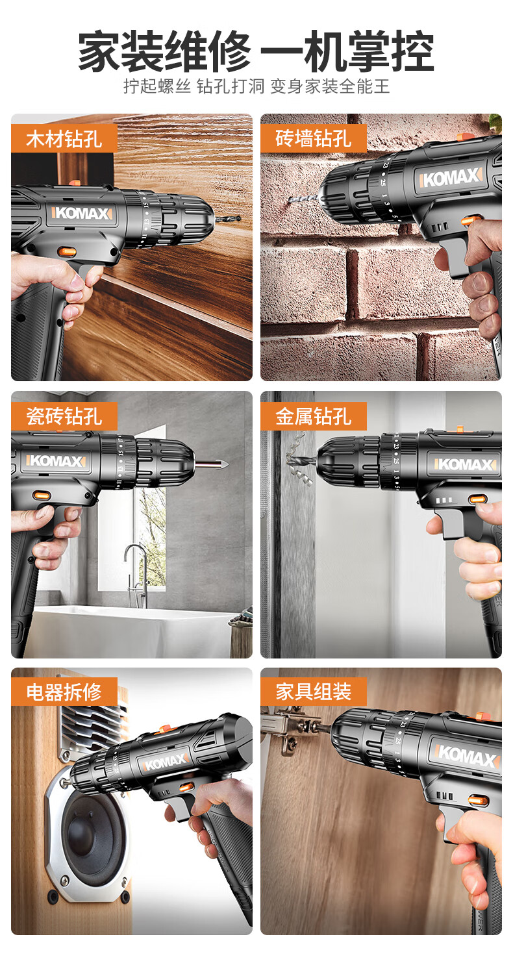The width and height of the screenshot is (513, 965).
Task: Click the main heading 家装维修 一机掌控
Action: click(256, 51)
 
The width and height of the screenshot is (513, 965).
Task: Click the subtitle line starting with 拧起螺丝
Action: click(256, 86)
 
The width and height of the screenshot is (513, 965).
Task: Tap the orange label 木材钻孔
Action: click(64, 138)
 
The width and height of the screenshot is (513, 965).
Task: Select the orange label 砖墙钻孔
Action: click(313, 138)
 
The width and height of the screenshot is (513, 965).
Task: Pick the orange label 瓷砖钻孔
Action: click(64, 416)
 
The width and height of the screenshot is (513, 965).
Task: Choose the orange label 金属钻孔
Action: click(313, 416)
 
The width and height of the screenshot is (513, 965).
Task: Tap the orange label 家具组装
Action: click(313, 692)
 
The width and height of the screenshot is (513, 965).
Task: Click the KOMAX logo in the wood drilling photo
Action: click(82, 213)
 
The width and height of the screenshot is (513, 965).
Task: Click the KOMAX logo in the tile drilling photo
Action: click(56, 461)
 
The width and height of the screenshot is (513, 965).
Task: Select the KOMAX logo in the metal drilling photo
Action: click(465, 464)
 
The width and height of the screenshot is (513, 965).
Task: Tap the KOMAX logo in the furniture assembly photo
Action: click(467, 757)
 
